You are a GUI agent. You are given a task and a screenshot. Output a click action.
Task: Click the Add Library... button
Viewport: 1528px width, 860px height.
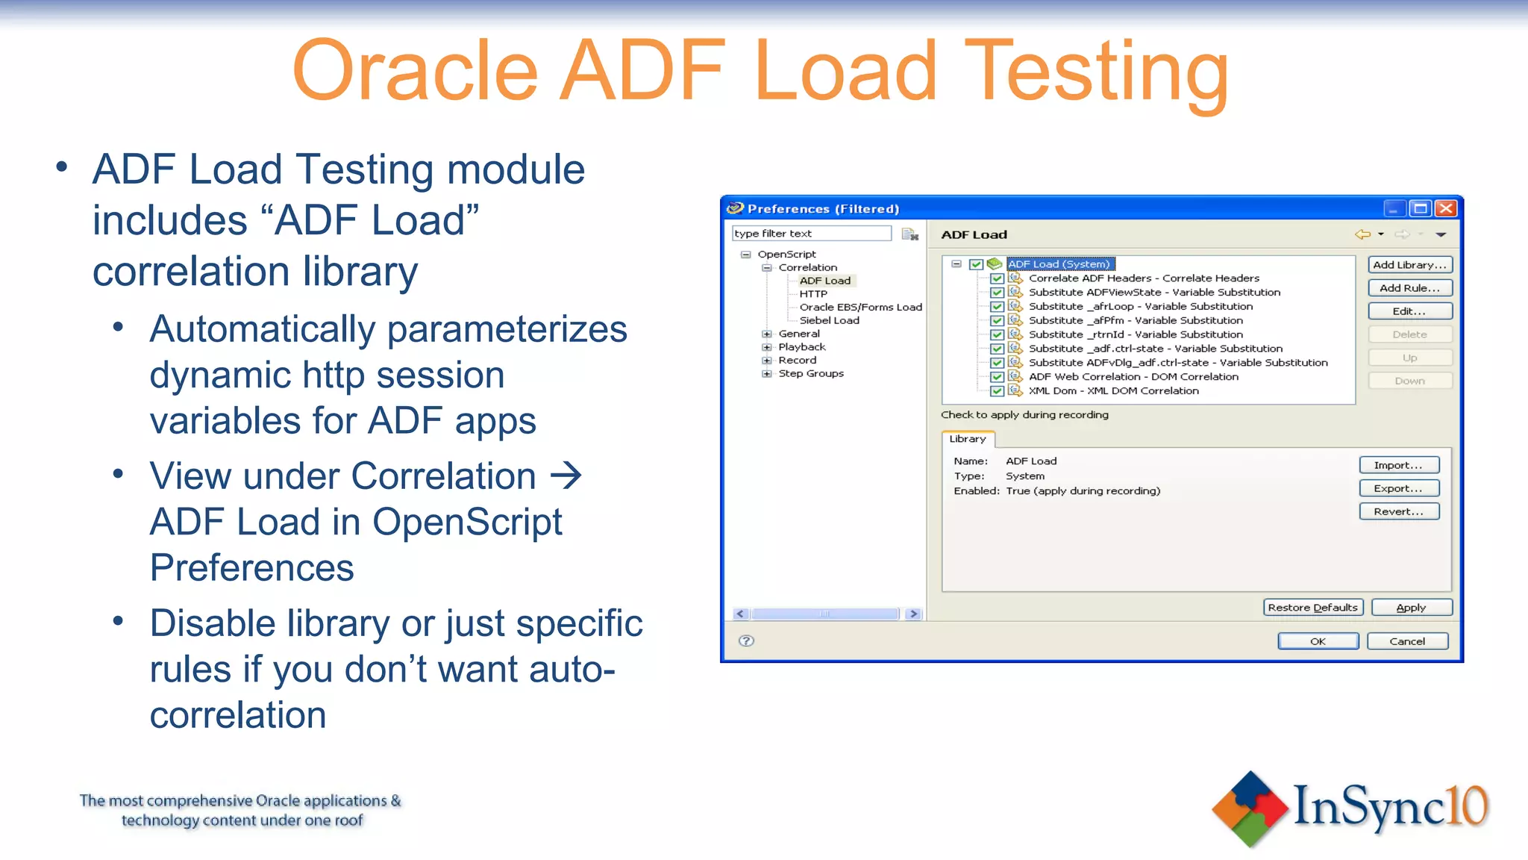(1409, 265)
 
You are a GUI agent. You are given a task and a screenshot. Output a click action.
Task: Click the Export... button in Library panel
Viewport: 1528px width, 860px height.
(1398, 488)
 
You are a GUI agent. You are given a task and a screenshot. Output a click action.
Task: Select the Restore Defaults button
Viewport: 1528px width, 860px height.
(1312, 608)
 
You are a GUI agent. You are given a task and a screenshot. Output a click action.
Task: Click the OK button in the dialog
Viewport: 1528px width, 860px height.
(1318, 641)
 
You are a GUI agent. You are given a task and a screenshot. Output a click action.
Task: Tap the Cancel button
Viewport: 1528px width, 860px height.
(1407, 641)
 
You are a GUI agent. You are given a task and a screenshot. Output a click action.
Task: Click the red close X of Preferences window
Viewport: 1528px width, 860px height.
(1446, 208)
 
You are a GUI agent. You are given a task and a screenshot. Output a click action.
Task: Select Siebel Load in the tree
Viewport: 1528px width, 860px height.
(829, 320)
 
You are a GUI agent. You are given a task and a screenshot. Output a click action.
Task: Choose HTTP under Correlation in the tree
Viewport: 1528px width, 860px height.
(812, 294)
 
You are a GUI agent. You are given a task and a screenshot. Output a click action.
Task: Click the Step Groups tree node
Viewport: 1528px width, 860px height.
(810, 373)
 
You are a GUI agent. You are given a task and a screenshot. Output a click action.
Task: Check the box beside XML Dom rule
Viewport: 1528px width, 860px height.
(997, 391)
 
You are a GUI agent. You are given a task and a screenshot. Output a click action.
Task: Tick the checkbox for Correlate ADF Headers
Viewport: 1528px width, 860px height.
(997, 278)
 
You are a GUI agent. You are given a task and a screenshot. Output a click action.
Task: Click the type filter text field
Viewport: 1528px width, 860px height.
(811, 234)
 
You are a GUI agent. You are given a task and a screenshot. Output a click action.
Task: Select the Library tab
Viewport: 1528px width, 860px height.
(968, 439)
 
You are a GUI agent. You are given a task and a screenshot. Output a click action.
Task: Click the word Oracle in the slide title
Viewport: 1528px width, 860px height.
(415, 71)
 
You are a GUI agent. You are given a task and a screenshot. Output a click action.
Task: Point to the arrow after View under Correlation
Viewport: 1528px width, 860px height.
(566, 476)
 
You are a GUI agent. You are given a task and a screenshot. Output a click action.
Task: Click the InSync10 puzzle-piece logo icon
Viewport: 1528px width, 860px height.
(1250, 808)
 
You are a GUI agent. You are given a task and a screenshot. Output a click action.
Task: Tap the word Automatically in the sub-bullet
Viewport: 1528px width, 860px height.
(262, 329)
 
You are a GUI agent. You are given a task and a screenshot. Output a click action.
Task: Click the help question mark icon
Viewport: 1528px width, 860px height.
(746, 641)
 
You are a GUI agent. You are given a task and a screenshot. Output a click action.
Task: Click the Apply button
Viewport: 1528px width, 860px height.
(1411, 608)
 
